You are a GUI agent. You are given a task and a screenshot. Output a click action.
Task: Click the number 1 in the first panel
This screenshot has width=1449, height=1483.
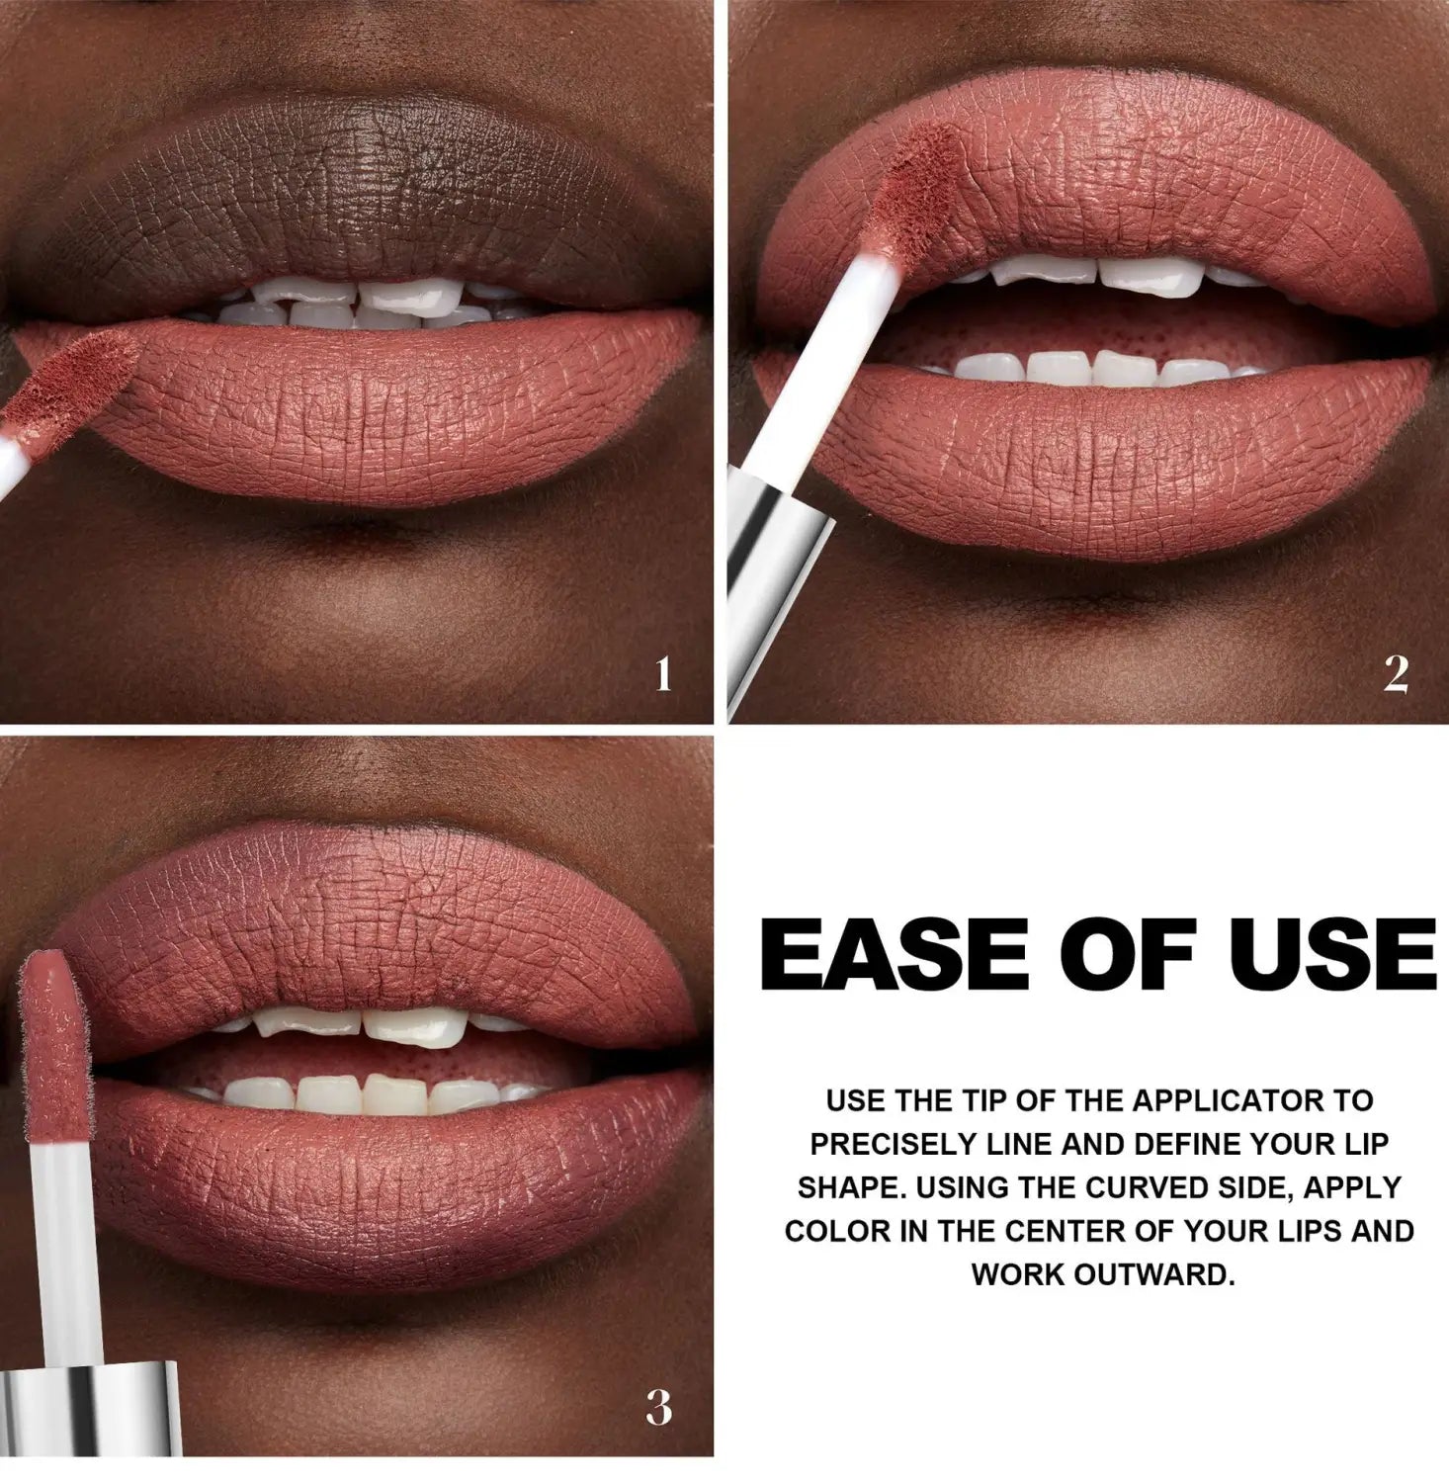click(663, 674)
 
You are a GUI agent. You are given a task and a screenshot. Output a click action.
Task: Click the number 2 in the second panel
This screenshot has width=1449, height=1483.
click(1395, 674)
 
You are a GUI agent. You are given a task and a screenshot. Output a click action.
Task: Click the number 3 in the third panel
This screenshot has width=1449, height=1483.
click(659, 1407)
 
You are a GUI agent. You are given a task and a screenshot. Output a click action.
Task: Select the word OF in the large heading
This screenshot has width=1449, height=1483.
click(1112, 956)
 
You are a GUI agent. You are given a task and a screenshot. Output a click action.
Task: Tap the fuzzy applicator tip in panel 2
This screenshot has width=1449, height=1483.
click(917, 198)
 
